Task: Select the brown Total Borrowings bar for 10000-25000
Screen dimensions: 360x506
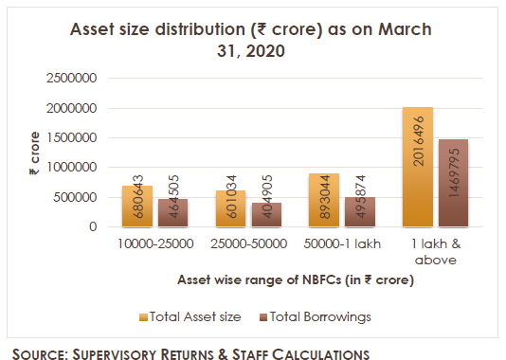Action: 172,213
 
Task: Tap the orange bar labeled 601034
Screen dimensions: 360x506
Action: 230,208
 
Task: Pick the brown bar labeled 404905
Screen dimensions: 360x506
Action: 266,215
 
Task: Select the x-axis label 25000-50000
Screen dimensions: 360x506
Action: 248,244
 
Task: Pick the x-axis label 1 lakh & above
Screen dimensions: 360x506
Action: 437,251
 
